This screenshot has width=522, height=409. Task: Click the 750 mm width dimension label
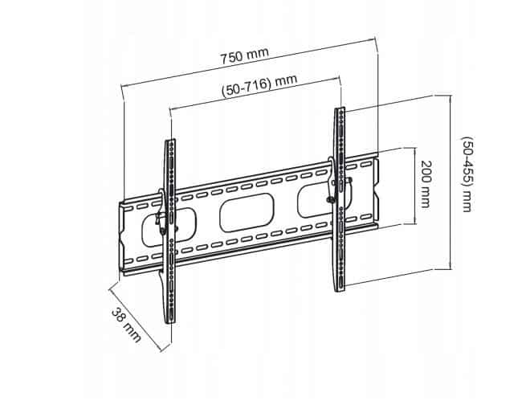[245, 55]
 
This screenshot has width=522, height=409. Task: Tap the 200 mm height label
[425, 184]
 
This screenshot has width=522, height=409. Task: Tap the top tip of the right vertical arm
[340, 110]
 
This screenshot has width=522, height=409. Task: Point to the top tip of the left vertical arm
[170, 142]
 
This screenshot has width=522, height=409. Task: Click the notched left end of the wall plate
[120, 238]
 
